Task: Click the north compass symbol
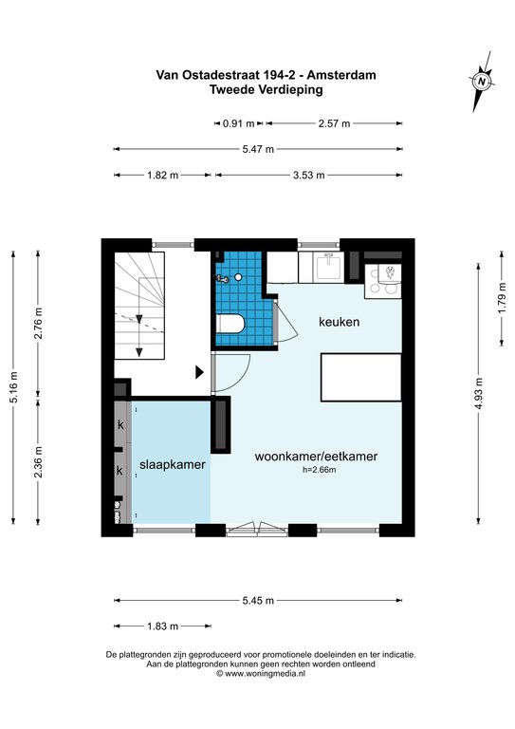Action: coord(482,82)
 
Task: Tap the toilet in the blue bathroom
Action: coord(230,324)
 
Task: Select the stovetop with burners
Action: coord(383,281)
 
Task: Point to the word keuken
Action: coord(339,322)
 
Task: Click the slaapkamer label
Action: coord(173,464)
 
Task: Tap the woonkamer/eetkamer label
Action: coord(316,456)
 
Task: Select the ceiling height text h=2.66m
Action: coord(319,470)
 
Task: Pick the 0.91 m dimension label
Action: coord(239,123)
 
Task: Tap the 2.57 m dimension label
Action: coord(335,123)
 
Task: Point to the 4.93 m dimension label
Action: coord(479,393)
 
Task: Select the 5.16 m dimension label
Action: coord(13,388)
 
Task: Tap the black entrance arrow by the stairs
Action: coord(200,372)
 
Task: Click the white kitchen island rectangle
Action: coord(360,377)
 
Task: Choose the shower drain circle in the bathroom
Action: coord(238,277)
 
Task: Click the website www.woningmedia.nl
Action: coord(266,673)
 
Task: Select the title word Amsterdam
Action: coord(341,75)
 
